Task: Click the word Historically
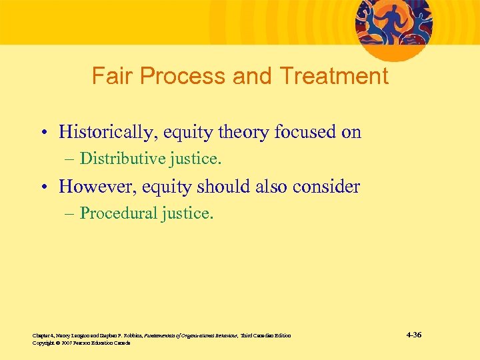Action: (x=104, y=132)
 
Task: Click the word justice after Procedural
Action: (x=188, y=213)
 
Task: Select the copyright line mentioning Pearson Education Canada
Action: (x=81, y=343)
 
